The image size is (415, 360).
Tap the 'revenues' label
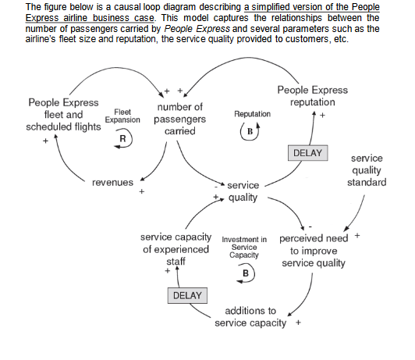[x=112, y=182]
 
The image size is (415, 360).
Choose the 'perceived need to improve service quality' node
[x=311, y=249]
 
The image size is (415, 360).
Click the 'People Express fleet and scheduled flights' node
[x=63, y=115]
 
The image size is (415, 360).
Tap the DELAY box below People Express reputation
[x=308, y=151]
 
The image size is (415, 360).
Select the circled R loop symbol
[x=122, y=138]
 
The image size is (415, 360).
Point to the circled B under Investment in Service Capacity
[x=246, y=273]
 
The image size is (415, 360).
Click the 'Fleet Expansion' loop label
[x=122, y=116]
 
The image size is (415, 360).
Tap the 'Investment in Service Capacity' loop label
[x=245, y=247]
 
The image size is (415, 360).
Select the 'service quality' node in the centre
[x=242, y=191]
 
